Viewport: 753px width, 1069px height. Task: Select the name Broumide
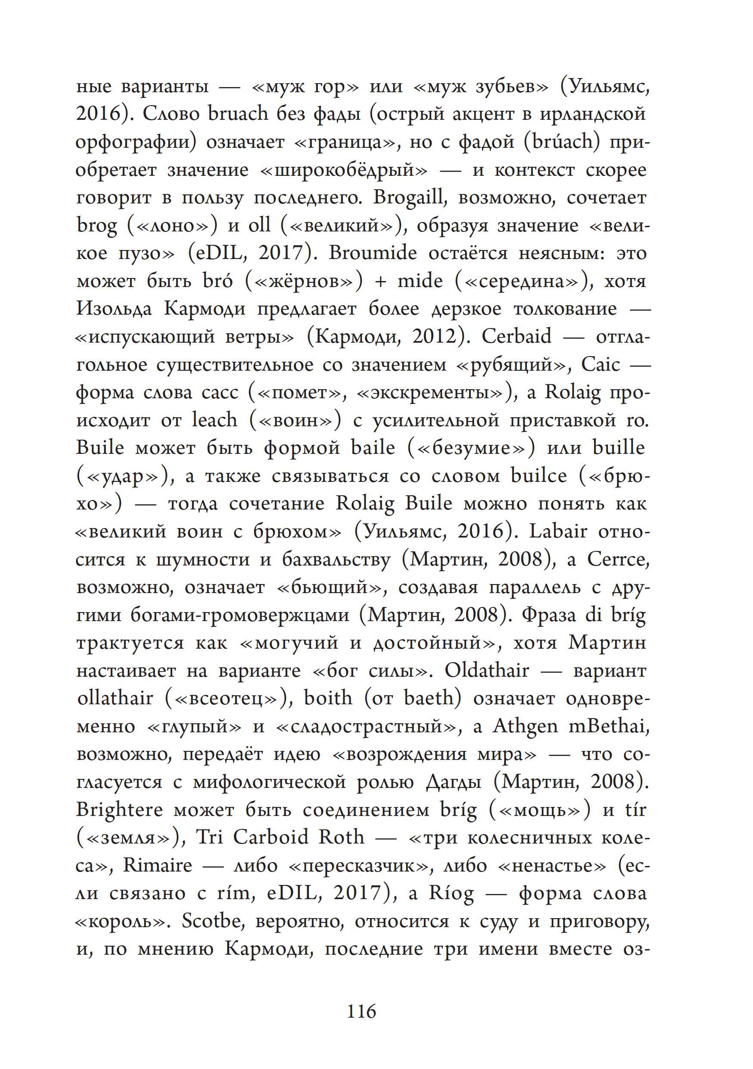click(x=373, y=253)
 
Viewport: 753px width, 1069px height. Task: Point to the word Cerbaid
click(x=516, y=337)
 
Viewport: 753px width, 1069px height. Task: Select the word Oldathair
click(x=487, y=670)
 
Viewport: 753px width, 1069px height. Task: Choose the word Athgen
click(x=525, y=726)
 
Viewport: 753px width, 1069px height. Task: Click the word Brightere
click(x=120, y=810)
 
